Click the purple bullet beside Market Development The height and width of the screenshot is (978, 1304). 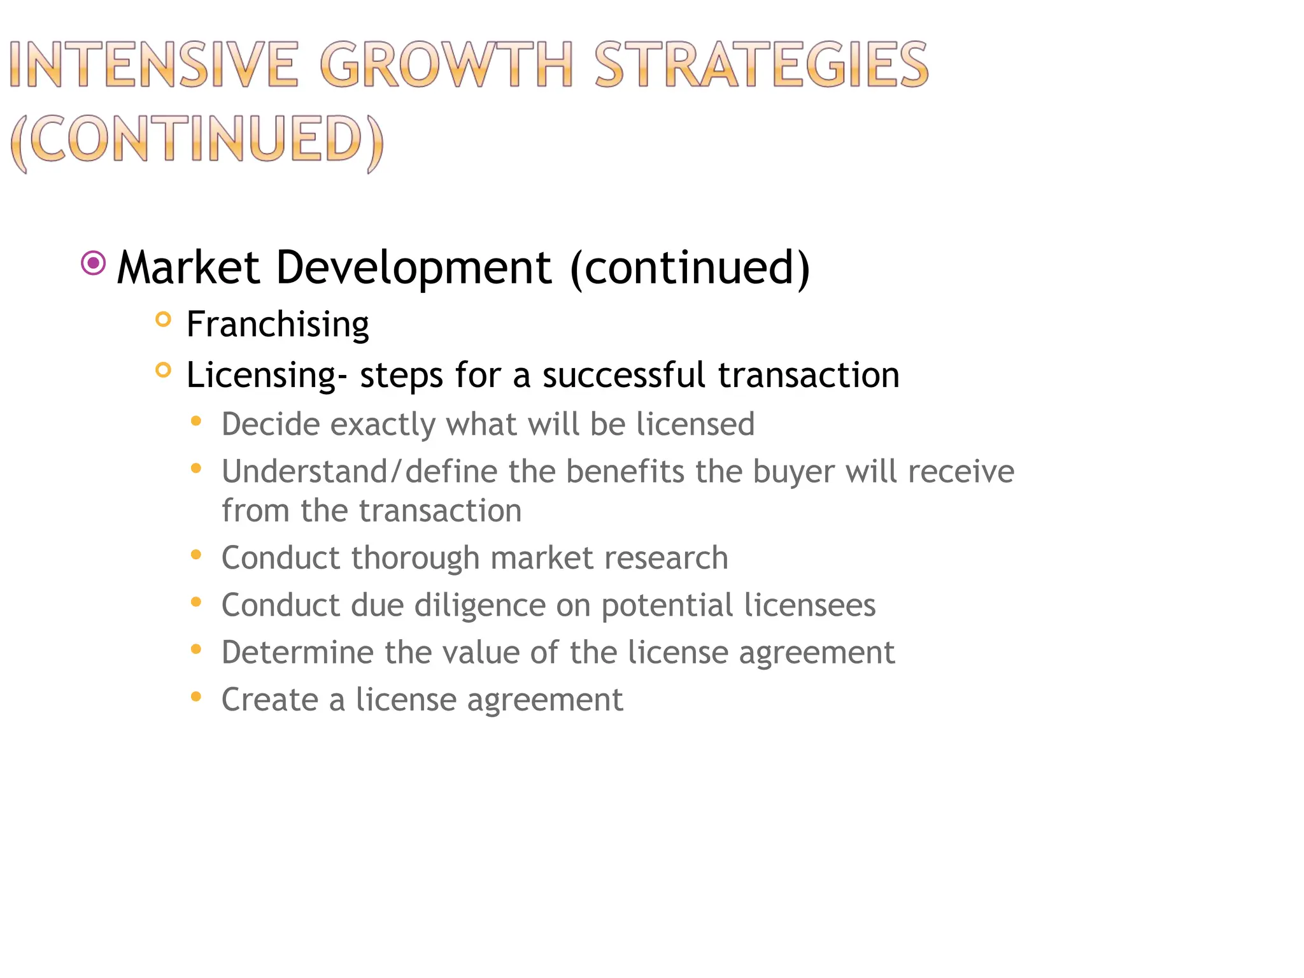coord(94,263)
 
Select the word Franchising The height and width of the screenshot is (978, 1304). coord(278,324)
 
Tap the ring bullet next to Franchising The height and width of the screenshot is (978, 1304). coord(164,319)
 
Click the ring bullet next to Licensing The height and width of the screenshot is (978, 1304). coord(164,370)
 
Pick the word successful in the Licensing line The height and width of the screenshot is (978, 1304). coord(623,374)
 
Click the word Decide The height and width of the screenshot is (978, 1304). coord(270,424)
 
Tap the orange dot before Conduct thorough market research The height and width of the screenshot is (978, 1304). coord(196,555)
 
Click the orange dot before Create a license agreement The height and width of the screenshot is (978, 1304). coord(196,697)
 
